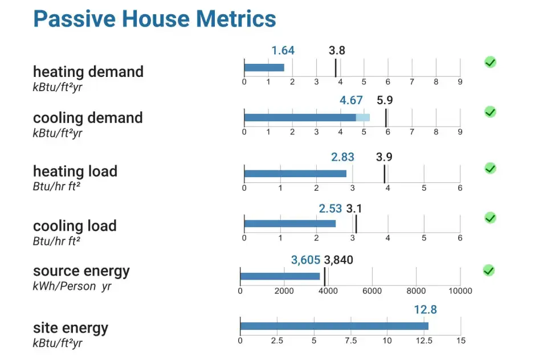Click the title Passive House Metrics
tap(154, 19)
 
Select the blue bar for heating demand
tap(264, 68)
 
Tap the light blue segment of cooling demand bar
tap(363, 118)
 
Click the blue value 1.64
tap(283, 51)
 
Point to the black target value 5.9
tap(385, 100)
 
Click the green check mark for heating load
tap(490, 168)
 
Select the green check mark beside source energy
tap(488, 270)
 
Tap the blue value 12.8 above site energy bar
tap(426, 310)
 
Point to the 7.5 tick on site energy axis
tap(350, 341)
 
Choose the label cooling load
tap(75, 226)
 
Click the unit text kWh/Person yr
tap(72, 287)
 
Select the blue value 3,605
tap(305, 260)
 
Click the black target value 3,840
tap(338, 260)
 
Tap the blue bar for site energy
tap(334, 326)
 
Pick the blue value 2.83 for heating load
tap(342, 157)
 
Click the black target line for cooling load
tap(356, 223)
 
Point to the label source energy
tap(81, 271)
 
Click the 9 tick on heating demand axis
tap(460, 82)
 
